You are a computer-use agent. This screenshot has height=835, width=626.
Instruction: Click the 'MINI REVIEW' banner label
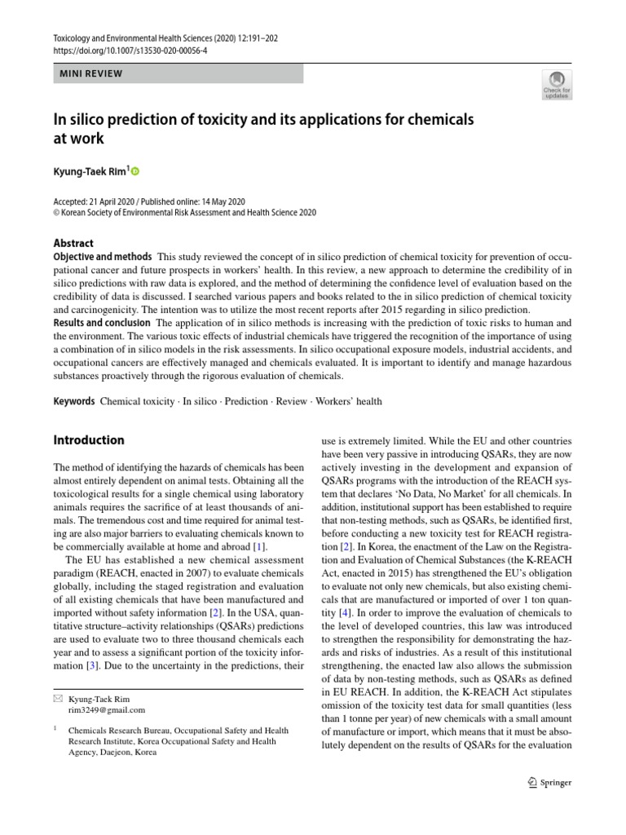coord(91,73)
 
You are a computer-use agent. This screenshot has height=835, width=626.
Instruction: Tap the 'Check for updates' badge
coord(557,84)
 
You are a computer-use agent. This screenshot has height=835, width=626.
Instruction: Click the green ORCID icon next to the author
coord(135,171)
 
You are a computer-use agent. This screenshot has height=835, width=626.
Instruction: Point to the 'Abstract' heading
coord(73,243)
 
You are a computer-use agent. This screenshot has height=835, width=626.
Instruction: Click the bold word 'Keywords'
coord(74,401)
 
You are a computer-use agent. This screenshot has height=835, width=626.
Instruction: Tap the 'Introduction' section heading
coord(89,440)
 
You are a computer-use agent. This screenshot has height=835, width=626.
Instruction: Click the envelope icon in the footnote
coord(57,699)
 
